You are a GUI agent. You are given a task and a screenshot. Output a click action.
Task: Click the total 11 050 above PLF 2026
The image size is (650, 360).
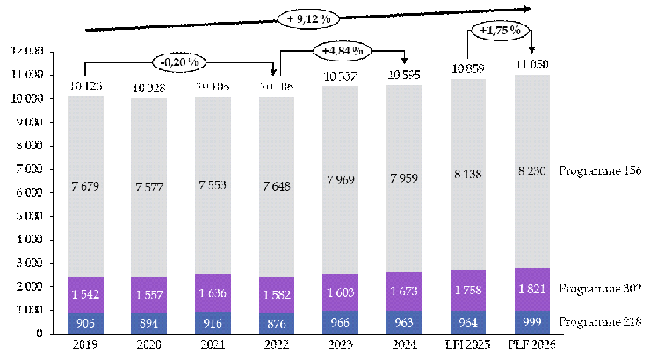[x=532, y=66]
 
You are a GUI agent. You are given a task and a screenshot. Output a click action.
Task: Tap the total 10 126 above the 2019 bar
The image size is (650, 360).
[x=85, y=86]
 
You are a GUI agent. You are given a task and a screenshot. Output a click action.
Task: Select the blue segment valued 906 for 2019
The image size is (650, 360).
[x=85, y=323]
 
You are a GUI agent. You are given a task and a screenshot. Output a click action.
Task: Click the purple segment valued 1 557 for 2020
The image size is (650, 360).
[x=149, y=294]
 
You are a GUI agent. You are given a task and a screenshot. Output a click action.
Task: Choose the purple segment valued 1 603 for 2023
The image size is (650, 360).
[x=341, y=293]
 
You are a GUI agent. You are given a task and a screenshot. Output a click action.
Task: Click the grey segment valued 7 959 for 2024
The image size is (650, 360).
[x=405, y=171]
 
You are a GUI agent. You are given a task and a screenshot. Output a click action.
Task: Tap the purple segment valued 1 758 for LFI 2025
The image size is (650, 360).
[x=469, y=290]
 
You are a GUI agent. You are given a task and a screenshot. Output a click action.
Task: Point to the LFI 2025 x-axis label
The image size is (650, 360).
[x=469, y=345]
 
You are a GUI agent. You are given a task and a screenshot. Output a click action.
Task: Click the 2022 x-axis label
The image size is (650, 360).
[x=278, y=345]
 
